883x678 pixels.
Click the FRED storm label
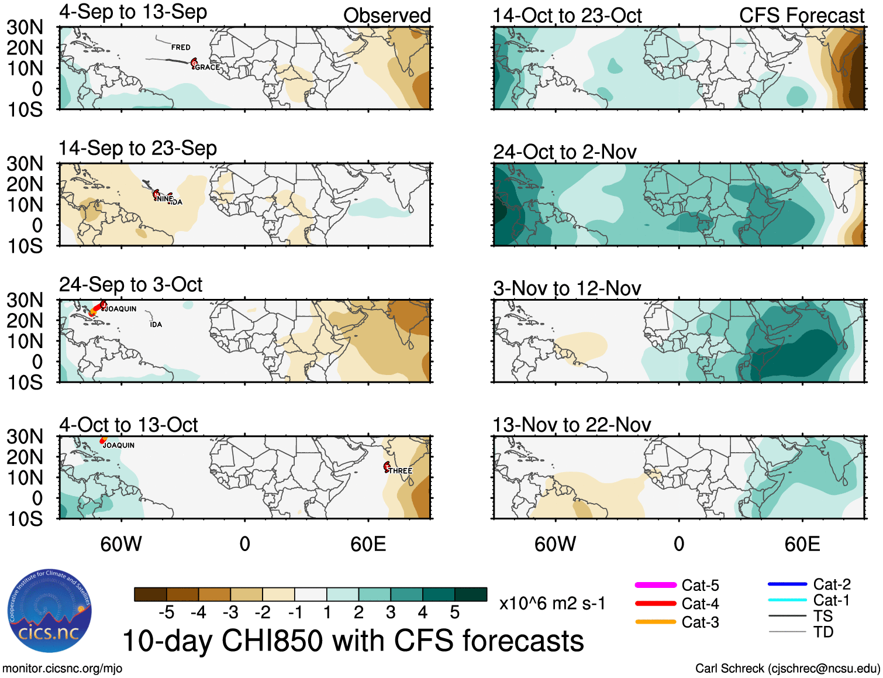point(181,47)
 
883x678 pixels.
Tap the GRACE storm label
point(208,67)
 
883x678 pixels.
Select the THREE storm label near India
point(401,471)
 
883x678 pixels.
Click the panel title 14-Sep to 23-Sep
point(137,149)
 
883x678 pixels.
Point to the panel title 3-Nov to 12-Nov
point(567,288)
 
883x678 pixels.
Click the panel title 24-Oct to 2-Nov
point(564,152)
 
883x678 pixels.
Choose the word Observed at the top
point(387,16)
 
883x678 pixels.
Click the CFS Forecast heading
point(801,16)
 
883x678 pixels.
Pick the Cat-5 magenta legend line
point(656,585)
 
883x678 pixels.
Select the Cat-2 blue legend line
point(787,584)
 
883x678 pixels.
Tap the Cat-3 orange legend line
point(656,622)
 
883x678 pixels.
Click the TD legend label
point(823,632)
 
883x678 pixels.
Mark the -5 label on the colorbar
point(167,612)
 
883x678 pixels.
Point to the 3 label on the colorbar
point(391,612)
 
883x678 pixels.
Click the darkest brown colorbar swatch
point(150,594)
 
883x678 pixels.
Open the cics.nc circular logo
point(50,611)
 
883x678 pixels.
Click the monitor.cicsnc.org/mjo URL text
point(63,668)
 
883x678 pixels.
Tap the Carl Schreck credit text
point(787,668)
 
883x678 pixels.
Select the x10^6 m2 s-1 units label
point(552,603)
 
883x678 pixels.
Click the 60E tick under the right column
point(802,544)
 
